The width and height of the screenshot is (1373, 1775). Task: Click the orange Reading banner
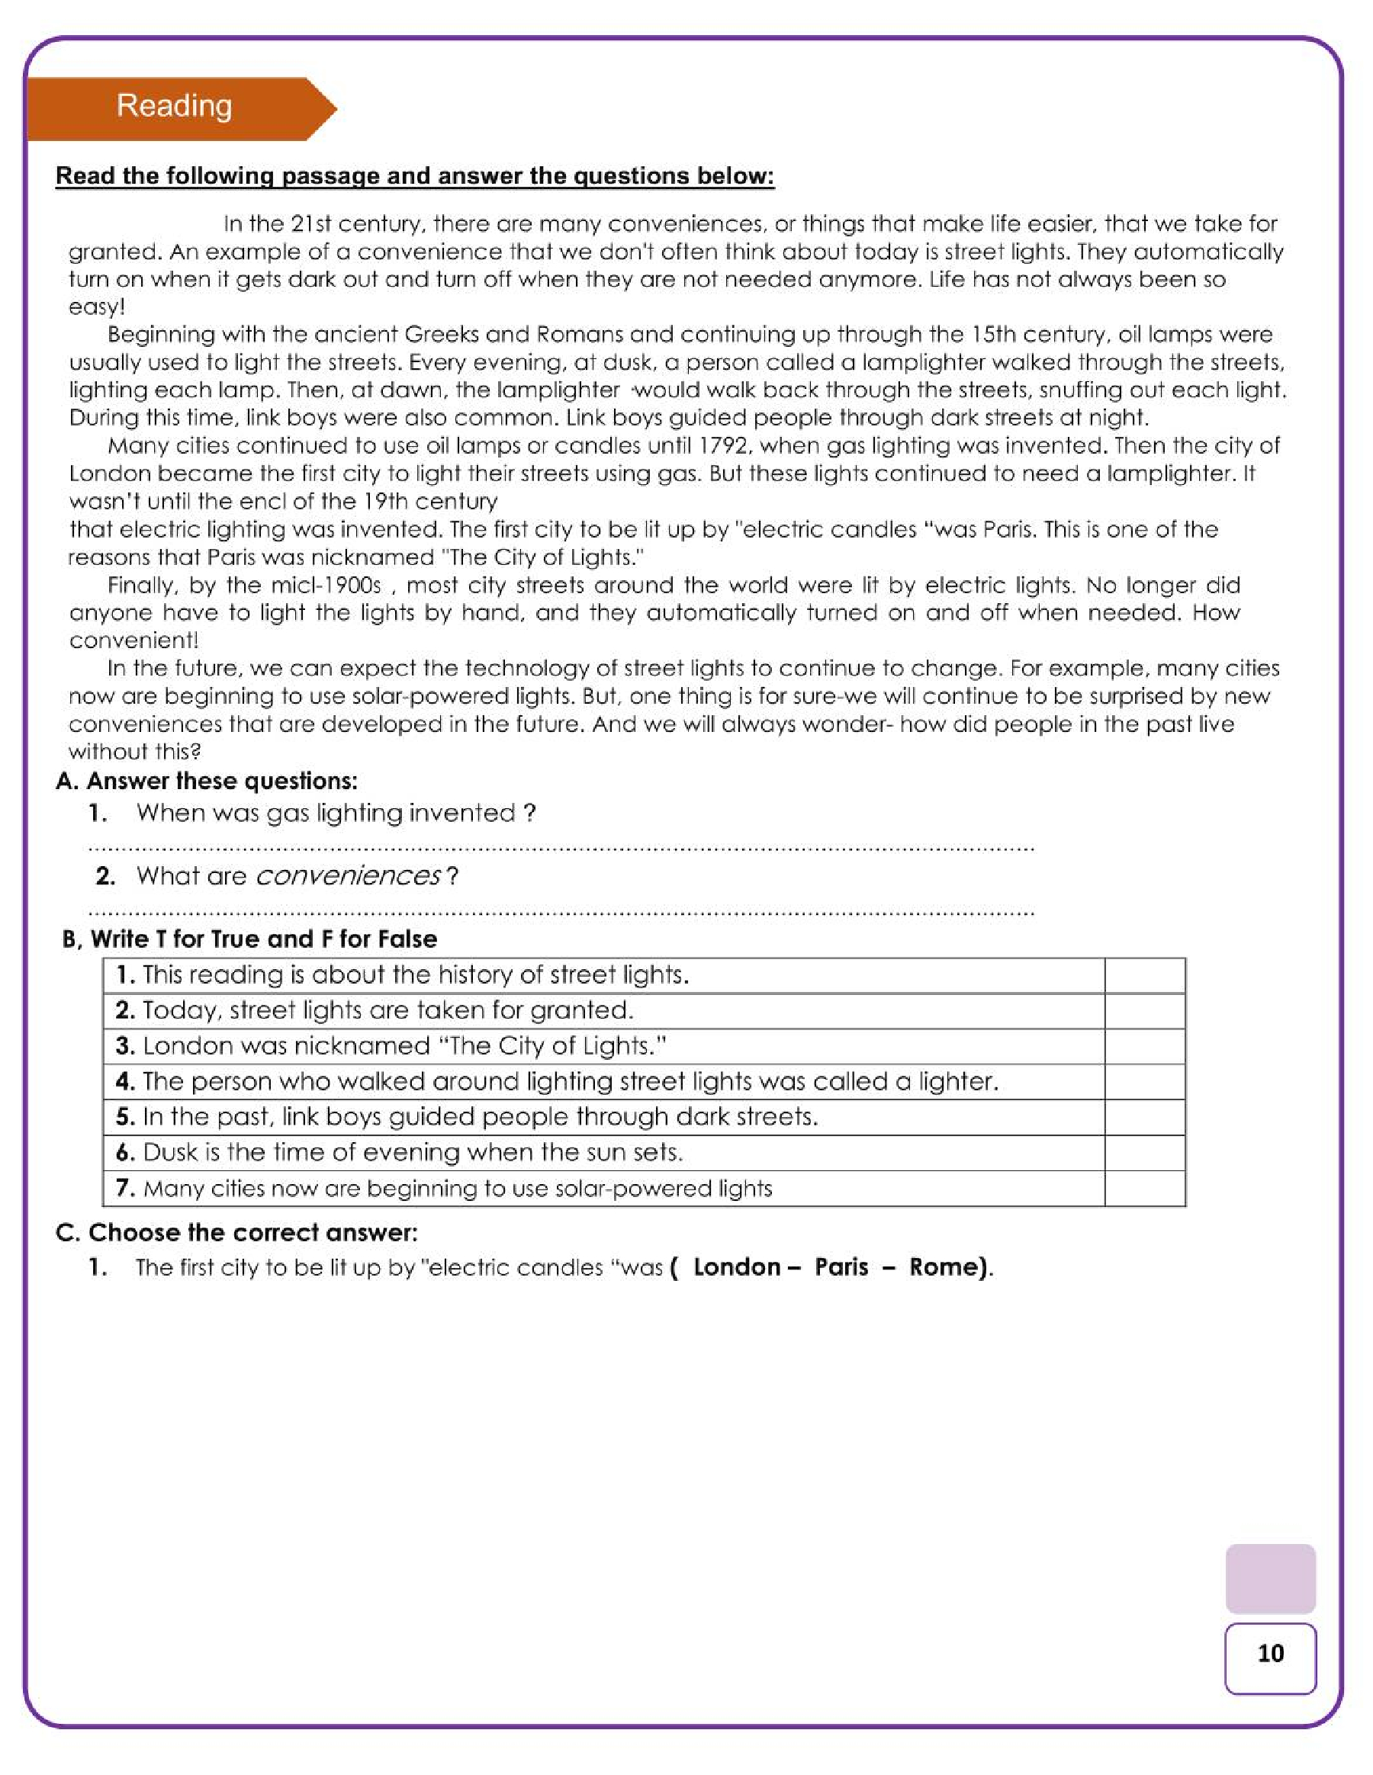[175, 108]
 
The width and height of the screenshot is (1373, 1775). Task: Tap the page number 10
[1270, 1653]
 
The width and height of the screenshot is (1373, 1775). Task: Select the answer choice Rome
[947, 1267]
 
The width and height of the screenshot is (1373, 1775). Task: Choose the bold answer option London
[737, 1267]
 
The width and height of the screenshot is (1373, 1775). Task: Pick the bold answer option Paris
[841, 1267]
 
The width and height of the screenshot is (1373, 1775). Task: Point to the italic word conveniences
[348, 876]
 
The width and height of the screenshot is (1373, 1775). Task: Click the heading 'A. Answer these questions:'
[207, 781]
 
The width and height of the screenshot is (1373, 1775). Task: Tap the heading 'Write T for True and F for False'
[263, 939]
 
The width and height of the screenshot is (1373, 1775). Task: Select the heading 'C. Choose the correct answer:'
[236, 1233]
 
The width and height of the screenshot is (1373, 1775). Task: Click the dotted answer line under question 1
[561, 849]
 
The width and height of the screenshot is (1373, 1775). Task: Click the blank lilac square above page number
[1270, 1578]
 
